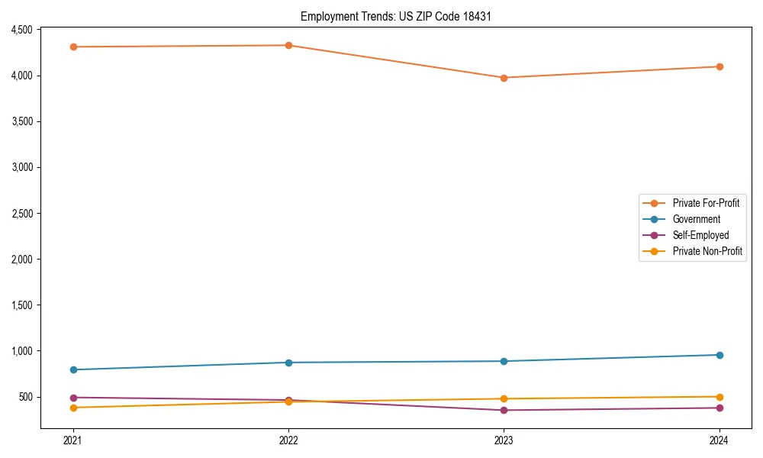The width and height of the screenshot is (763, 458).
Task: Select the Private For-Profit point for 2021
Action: [x=73, y=47]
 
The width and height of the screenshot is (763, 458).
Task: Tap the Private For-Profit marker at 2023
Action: [x=504, y=78]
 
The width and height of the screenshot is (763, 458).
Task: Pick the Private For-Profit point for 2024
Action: [x=720, y=66]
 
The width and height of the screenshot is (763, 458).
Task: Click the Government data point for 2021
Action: [x=73, y=369]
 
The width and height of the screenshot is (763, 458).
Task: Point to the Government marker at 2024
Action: [x=720, y=355]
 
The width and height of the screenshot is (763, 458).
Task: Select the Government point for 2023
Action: [x=504, y=361]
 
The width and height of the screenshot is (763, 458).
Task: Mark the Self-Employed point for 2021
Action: [x=73, y=398]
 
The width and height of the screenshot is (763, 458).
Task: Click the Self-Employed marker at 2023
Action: [x=504, y=410]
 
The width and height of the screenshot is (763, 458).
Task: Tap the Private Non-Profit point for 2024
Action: [x=720, y=397]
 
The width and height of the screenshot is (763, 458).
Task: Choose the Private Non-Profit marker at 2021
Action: [x=73, y=408]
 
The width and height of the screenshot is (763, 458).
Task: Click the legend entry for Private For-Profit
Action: [x=706, y=203]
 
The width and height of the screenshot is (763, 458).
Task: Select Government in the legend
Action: [x=696, y=219]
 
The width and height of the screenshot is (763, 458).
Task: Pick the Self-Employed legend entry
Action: [x=700, y=235]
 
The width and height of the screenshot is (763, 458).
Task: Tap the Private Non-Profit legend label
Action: [x=707, y=251]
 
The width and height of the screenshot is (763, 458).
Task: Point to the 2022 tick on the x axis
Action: [x=288, y=440]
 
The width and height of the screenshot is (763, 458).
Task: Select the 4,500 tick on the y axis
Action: [x=21, y=30]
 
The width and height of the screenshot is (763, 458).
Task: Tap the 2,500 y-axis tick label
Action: [x=21, y=214]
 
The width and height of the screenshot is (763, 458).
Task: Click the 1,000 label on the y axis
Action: [x=21, y=351]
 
